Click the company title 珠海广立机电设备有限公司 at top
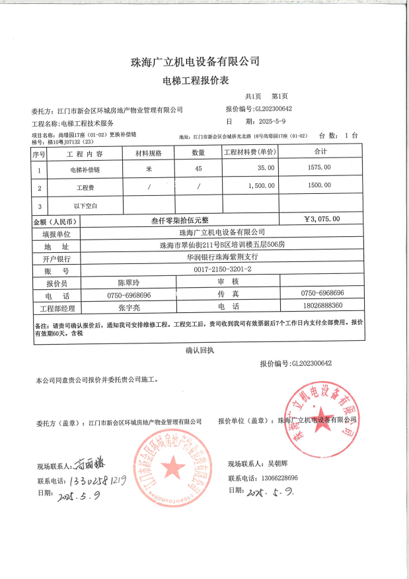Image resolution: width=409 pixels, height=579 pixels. (195, 62)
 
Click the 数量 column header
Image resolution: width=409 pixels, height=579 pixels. (198, 153)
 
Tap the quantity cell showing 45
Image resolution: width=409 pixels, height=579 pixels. (198, 169)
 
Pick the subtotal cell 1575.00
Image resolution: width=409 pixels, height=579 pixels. (319, 169)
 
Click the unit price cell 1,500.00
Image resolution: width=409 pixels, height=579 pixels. (261, 187)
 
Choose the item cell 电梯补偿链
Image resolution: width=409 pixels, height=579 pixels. (86, 169)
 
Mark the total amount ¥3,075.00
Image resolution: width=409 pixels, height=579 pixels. (322, 219)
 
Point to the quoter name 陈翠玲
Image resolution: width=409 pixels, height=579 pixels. (129, 283)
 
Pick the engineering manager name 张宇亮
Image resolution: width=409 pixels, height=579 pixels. (129, 308)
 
